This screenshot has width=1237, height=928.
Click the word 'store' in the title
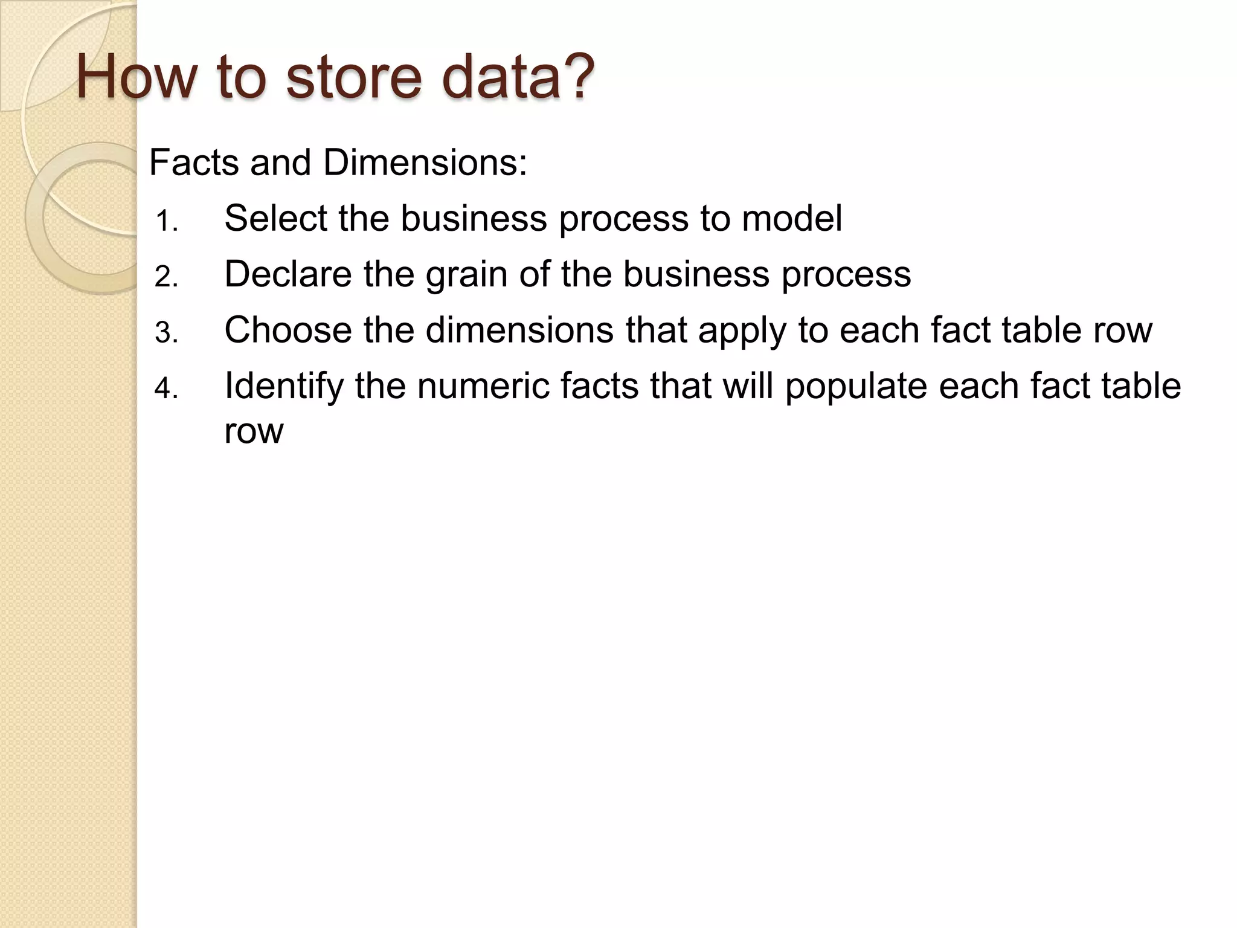(x=353, y=77)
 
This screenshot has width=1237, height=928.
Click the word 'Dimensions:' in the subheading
(x=425, y=163)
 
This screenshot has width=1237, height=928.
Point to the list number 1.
(x=165, y=222)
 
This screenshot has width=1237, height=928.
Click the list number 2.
(x=165, y=277)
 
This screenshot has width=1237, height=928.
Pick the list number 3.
(x=165, y=333)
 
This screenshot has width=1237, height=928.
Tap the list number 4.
(x=165, y=388)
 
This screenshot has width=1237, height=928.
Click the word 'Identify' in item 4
(x=284, y=386)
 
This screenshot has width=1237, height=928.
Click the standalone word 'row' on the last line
(x=253, y=431)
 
